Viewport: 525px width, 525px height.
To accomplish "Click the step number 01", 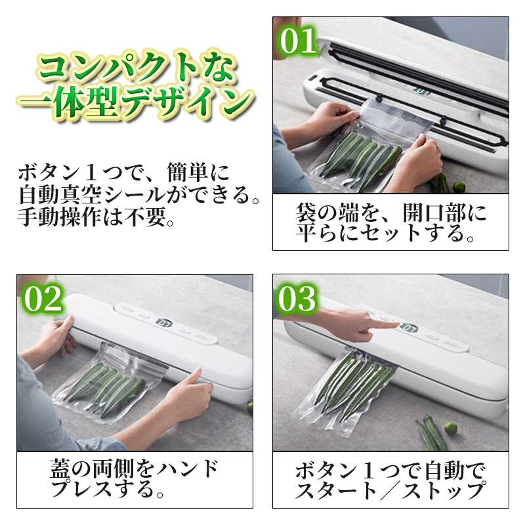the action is pyautogui.click(x=298, y=41).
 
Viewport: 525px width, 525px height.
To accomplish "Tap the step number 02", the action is pyautogui.click(x=43, y=299).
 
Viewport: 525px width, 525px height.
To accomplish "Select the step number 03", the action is pyautogui.click(x=297, y=299).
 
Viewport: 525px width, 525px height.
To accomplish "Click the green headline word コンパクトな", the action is pyautogui.click(x=136, y=67).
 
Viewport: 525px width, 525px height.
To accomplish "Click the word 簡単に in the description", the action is pyautogui.click(x=198, y=173).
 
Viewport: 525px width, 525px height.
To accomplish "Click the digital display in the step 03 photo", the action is pyautogui.click(x=409, y=329).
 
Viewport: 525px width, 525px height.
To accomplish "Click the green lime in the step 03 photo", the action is pyautogui.click(x=450, y=429).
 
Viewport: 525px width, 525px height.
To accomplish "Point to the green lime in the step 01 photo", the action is pyautogui.click(x=458, y=186).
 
